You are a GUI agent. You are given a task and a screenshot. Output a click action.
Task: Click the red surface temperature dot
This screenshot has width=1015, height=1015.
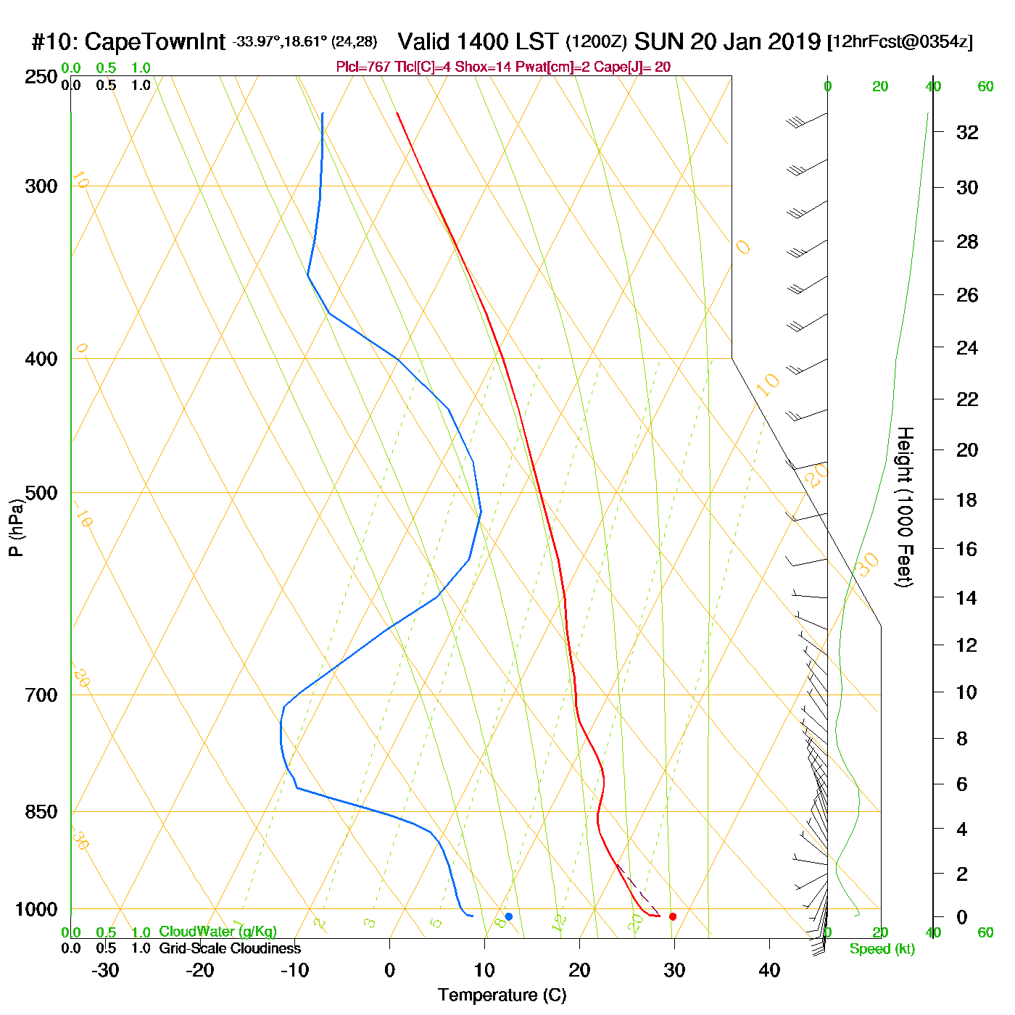(673, 916)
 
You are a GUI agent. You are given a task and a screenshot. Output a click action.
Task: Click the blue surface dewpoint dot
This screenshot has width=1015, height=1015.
(509, 916)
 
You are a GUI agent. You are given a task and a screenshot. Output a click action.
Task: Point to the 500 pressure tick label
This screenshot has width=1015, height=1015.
(41, 493)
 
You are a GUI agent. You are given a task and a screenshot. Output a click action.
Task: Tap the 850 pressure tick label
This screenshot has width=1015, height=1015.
(41, 812)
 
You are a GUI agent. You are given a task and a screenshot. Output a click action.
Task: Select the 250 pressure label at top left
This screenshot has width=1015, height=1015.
(41, 77)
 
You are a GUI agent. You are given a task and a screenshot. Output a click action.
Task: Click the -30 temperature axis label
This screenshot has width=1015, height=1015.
(105, 970)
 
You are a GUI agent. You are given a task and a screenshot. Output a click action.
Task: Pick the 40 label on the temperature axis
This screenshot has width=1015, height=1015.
(769, 970)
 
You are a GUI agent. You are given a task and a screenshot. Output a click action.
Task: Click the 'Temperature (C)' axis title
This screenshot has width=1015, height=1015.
(502, 995)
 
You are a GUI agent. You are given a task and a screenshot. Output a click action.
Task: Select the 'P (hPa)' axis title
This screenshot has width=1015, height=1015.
(16, 528)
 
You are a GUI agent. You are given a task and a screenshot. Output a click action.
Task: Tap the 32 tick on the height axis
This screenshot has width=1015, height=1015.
(967, 132)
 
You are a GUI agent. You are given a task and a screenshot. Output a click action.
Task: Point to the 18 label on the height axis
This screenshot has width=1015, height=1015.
(966, 500)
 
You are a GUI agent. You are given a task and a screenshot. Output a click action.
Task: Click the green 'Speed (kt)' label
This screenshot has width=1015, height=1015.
(882, 949)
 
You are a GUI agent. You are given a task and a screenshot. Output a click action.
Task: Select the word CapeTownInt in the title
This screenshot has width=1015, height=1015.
(155, 42)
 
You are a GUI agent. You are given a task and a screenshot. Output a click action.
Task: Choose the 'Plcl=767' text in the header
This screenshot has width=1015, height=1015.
(363, 67)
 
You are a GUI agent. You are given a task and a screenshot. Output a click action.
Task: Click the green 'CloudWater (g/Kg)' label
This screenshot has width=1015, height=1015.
(217, 932)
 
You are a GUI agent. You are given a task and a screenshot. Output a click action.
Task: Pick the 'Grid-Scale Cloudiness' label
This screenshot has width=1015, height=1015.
(230, 948)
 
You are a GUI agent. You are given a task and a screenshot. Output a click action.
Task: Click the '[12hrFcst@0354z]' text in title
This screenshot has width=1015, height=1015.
(900, 42)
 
